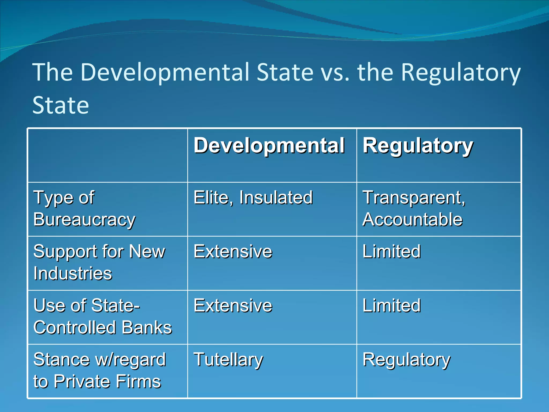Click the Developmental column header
pyautogui.click(x=269, y=146)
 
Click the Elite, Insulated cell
pyautogui.click(x=253, y=198)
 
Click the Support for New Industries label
pyautogui.click(x=99, y=263)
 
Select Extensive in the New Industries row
pyautogui.click(x=233, y=252)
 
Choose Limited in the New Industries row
pyautogui.click(x=391, y=252)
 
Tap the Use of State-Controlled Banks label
pyautogui.click(x=103, y=317)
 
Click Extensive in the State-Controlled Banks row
pyautogui.click(x=233, y=306)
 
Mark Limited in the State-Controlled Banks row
pyautogui.click(x=391, y=306)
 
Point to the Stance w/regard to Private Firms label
pyautogui.click(x=99, y=371)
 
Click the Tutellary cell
pyautogui.click(x=228, y=360)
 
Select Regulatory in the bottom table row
pyautogui.click(x=406, y=360)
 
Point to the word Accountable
pyautogui.click(x=412, y=220)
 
